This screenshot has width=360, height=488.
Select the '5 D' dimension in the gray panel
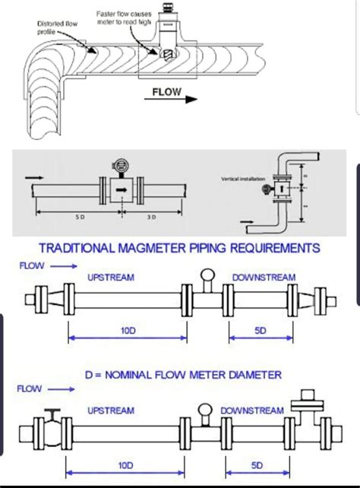80,217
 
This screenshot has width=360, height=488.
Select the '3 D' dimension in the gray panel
150,217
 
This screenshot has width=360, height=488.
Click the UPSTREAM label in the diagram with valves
111,410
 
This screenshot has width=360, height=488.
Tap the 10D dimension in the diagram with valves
126,464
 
